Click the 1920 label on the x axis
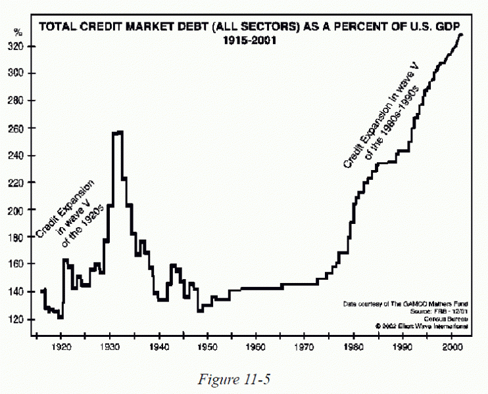point(61,346)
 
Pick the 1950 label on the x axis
point(207,346)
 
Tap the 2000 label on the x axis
point(451,346)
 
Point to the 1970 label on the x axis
point(305,346)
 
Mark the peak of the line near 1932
point(118,132)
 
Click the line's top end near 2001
point(461,34)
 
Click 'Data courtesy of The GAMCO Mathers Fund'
point(406,304)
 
